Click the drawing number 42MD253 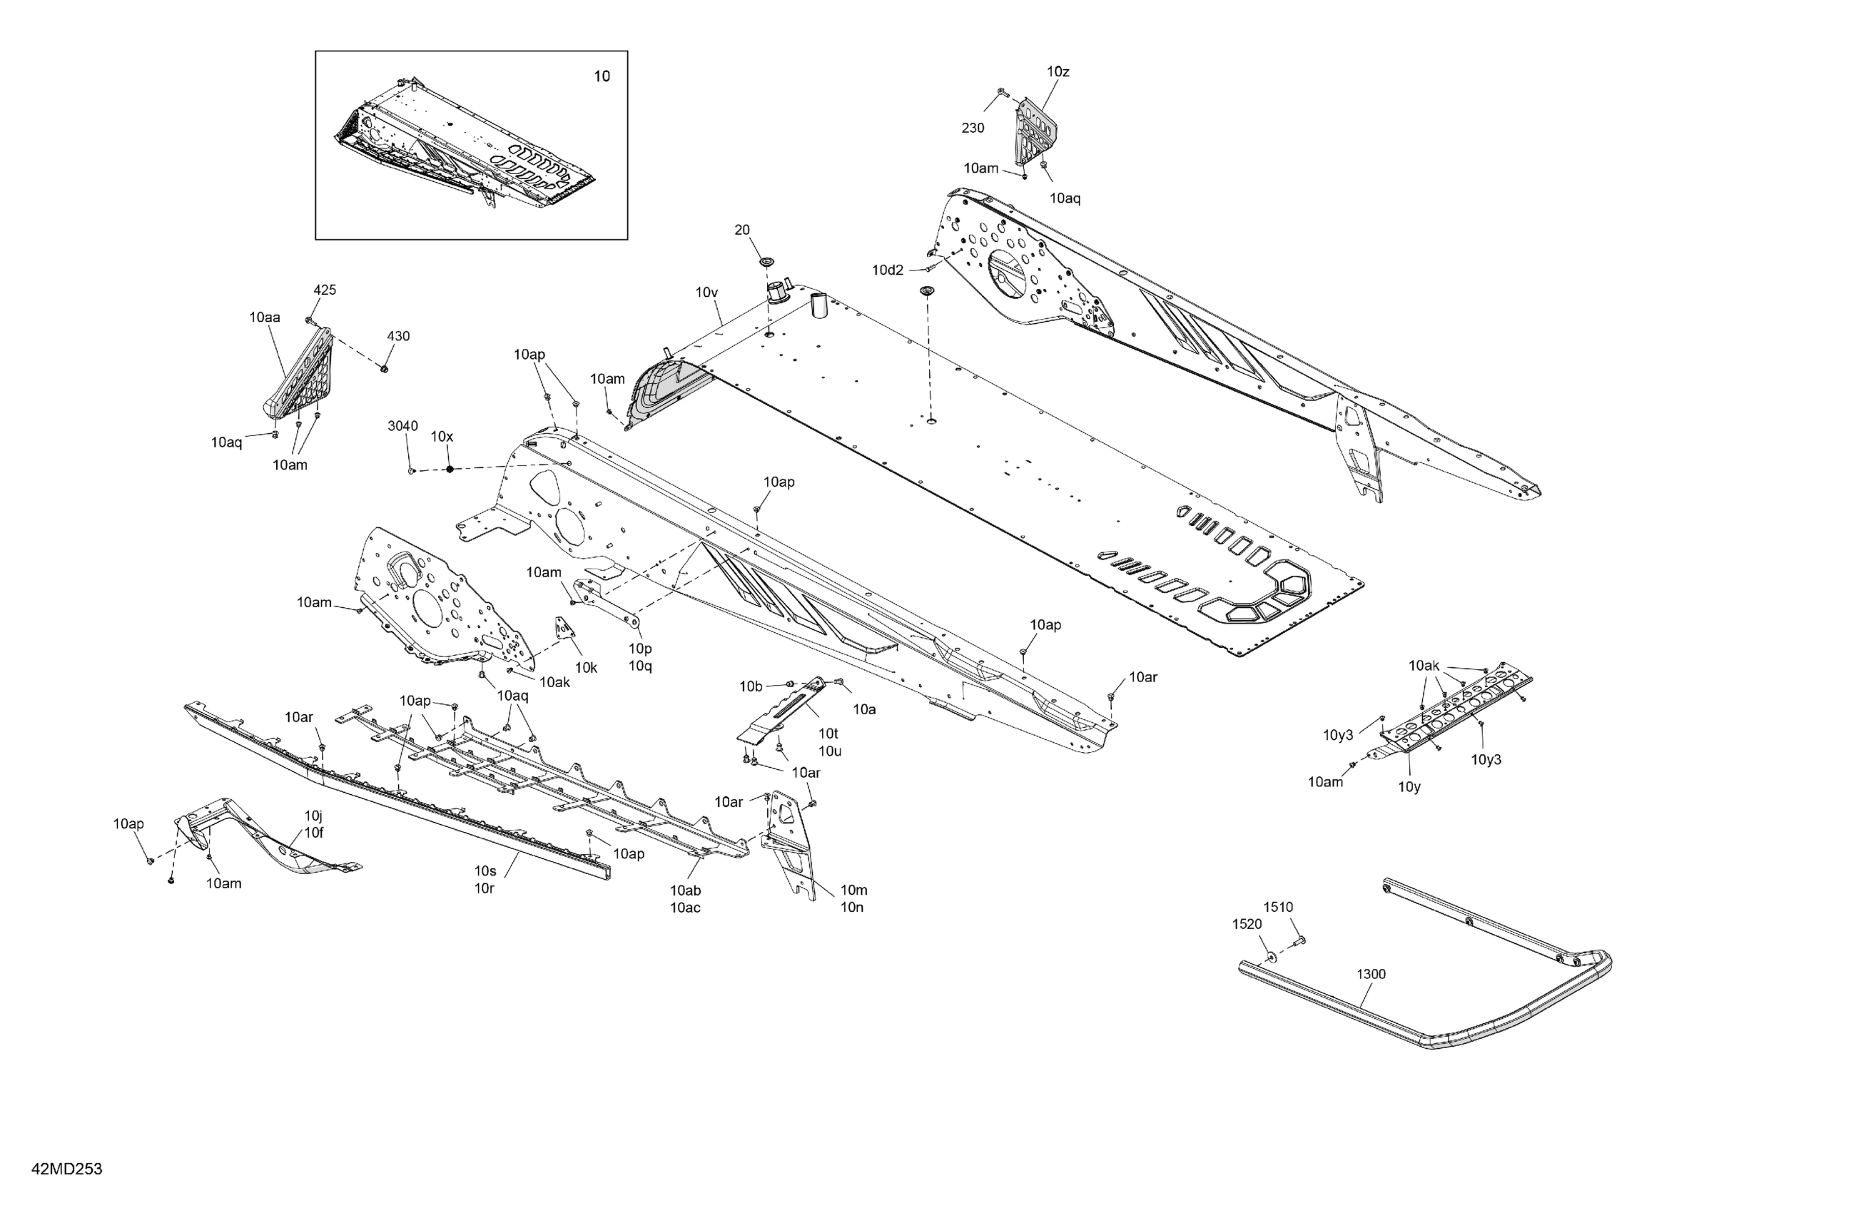pyautogui.click(x=67, y=1169)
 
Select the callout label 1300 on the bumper pyautogui.click(x=1371, y=974)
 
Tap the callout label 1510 pyautogui.click(x=1278, y=907)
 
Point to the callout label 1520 pyautogui.click(x=1247, y=925)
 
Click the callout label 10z pyautogui.click(x=1058, y=71)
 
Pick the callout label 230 pyautogui.click(x=973, y=128)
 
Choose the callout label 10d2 pyautogui.click(x=888, y=270)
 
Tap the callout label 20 pyautogui.click(x=742, y=230)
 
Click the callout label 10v pyautogui.click(x=706, y=293)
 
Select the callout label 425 pyautogui.click(x=325, y=290)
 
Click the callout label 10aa pyautogui.click(x=265, y=318)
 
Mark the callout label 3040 pyautogui.click(x=402, y=426)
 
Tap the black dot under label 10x pyautogui.click(x=450, y=470)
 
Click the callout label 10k pyautogui.click(x=586, y=668)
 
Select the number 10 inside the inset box pyautogui.click(x=602, y=76)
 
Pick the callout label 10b pyautogui.click(x=751, y=687)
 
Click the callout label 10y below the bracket pyautogui.click(x=1409, y=787)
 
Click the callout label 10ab pyautogui.click(x=685, y=890)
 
